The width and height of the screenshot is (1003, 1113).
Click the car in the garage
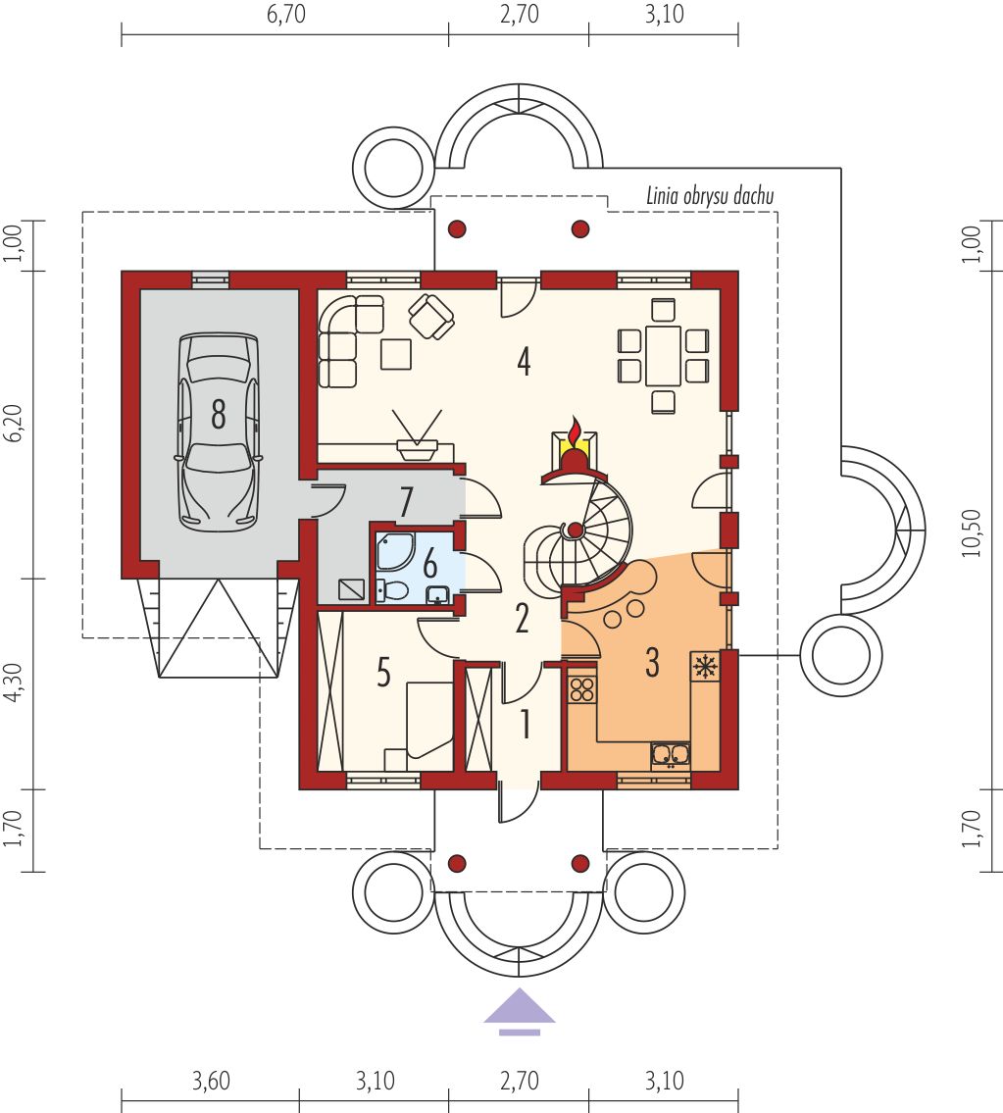point(218,431)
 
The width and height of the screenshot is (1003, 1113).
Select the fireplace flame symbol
point(574,434)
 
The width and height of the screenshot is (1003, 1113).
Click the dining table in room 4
point(663,355)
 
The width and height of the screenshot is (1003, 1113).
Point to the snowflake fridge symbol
point(705,667)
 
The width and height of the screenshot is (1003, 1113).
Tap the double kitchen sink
point(670,754)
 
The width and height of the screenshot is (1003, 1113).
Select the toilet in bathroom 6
point(391,590)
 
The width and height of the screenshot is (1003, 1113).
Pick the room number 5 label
point(383,672)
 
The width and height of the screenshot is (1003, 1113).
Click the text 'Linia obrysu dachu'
point(709,196)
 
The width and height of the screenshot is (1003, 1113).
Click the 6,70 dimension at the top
point(286,14)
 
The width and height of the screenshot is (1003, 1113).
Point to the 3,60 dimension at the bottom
point(211,1081)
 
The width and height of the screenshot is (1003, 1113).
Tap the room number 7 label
point(406,503)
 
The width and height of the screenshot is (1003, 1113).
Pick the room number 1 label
point(526,725)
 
